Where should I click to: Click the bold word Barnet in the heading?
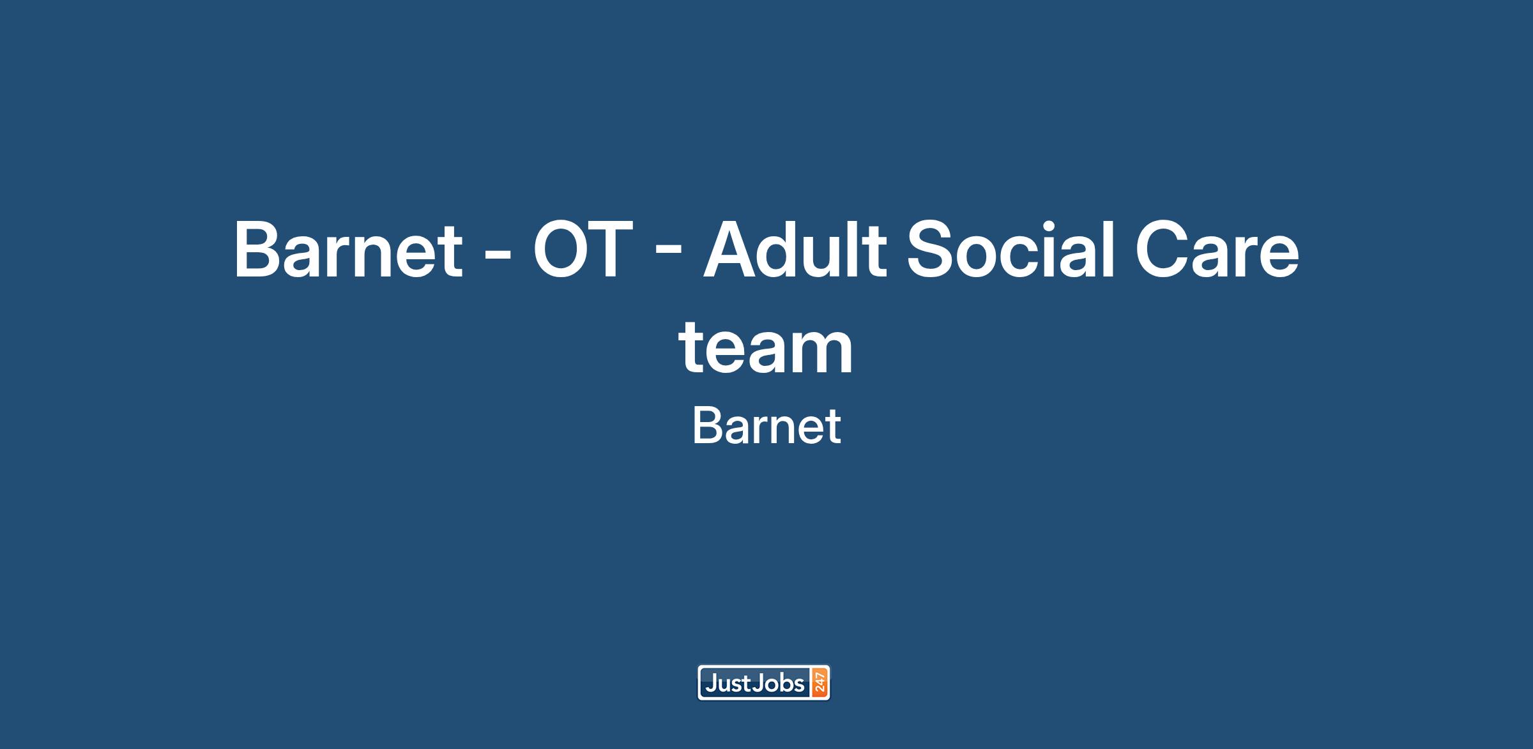pyautogui.click(x=348, y=250)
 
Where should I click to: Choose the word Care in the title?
pyautogui.click(x=1217, y=250)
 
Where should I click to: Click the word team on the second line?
pyautogui.click(x=766, y=349)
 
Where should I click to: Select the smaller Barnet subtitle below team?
pyautogui.click(x=766, y=427)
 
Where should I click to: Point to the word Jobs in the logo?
pyautogui.click(x=779, y=684)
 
